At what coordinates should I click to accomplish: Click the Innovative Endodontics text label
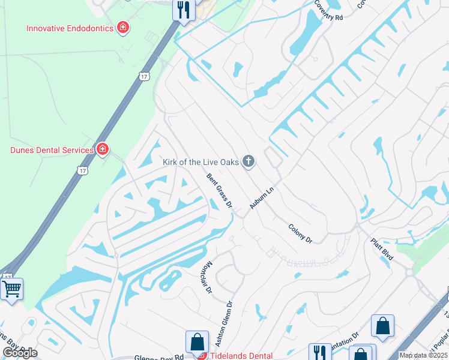click(70, 28)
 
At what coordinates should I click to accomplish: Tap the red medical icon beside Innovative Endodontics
click(123, 28)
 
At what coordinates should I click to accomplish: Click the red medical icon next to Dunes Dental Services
click(103, 149)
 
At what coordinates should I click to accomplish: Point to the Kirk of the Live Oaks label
click(200, 161)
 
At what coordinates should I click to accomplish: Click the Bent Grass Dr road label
click(219, 191)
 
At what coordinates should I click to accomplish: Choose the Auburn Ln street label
click(262, 197)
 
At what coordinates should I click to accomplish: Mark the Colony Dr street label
click(300, 233)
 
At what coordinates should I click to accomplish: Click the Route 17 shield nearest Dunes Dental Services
click(83, 171)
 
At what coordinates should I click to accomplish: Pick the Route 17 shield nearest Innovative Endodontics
click(143, 76)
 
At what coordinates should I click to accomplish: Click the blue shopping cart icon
click(11, 289)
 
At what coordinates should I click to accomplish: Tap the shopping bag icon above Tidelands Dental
click(197, 343)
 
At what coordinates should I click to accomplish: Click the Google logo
click(20, 352)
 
